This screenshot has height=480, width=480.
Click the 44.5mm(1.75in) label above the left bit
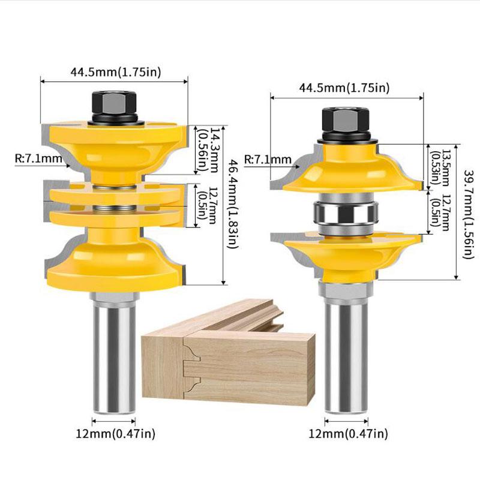(116, 72)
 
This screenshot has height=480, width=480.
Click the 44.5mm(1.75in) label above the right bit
(344, 88)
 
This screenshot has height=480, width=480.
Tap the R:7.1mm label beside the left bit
(38, 158)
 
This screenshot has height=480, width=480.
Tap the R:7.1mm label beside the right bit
(268, 159)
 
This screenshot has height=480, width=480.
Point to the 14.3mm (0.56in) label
(208, 151)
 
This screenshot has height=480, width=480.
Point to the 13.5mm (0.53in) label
(439, 168)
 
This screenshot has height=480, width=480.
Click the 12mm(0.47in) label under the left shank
(115, 433)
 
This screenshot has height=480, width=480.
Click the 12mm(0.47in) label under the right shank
(348, 433)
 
